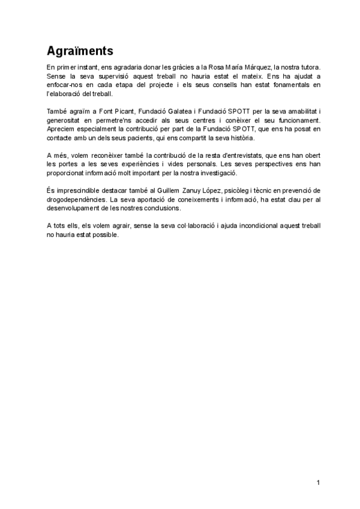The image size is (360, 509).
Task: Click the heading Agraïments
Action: coord(79,50)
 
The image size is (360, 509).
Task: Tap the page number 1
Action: coord(319,483)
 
